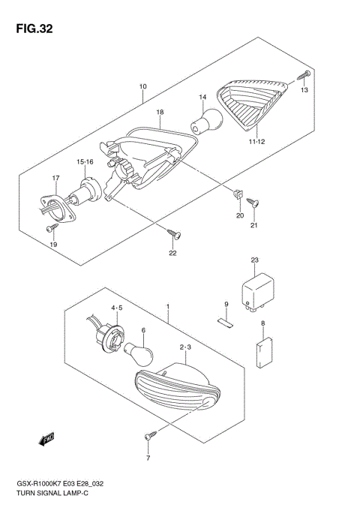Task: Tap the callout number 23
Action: (254, 260)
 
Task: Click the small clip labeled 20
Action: (238, 193)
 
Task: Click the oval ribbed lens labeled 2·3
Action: (178, 387)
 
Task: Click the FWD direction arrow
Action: (47, 438)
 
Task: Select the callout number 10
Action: (142, 86)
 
